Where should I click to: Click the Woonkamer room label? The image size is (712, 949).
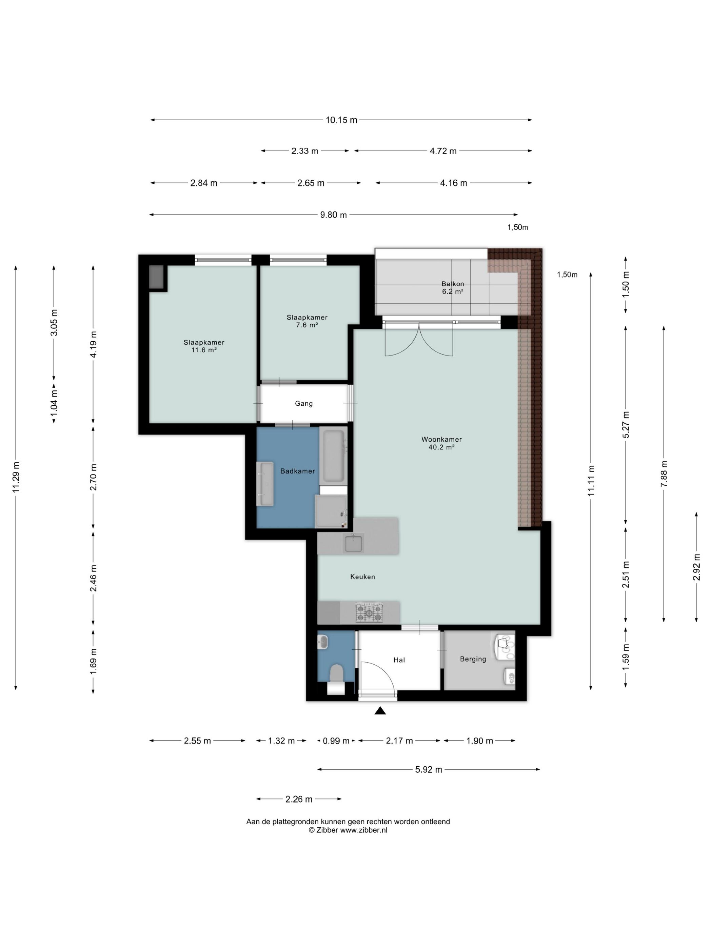(441, 443)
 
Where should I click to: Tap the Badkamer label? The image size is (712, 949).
(297, 471)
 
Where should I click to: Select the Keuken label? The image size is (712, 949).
(362, 577)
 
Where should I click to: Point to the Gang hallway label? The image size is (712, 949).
(304, 403)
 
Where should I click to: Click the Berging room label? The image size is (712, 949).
(473, 659)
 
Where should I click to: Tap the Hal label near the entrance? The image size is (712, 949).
(399, 660)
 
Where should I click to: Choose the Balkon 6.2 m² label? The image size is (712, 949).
(453, 287)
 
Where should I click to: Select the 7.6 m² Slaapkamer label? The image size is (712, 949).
(307, 321)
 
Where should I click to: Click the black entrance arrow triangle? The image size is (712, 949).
(380, 711)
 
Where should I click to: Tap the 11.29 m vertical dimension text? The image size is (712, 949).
(16, 477)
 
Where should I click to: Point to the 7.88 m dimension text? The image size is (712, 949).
(664, 473)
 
